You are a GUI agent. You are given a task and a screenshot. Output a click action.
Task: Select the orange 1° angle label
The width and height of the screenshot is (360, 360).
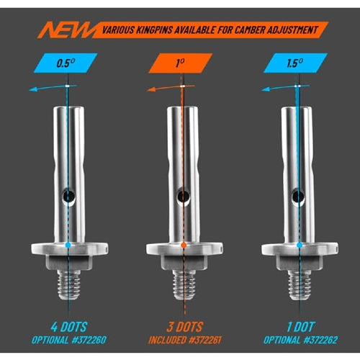181,63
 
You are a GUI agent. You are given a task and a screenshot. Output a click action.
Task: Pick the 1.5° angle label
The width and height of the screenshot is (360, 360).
295,63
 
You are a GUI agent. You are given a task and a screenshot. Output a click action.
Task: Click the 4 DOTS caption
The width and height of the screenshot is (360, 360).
68,327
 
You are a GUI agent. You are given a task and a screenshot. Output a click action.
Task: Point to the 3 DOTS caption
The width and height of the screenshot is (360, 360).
184,327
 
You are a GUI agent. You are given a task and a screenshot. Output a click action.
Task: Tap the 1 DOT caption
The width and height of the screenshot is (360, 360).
300,327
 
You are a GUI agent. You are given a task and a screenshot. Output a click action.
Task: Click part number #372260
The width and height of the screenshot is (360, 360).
89,340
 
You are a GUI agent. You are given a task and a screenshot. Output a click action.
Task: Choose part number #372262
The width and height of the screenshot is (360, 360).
320,340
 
